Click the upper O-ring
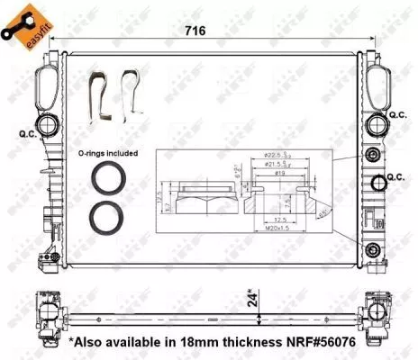click(x=109, y=179)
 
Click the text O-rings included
click(x=107, y=154)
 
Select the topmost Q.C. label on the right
click(x=398, y=115)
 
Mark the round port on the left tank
click(x=44, y=126)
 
